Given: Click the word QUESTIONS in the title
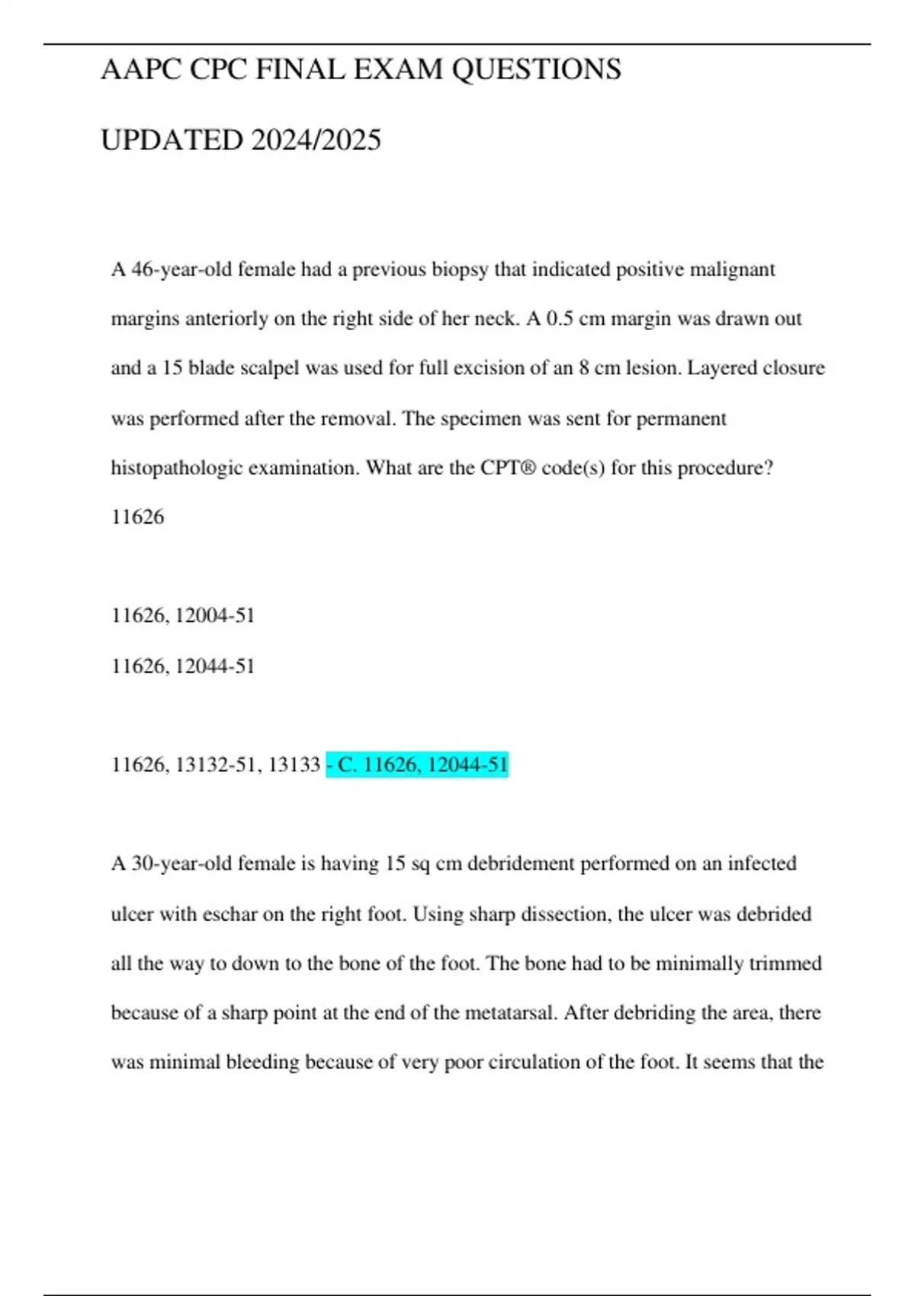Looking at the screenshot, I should click(536, 69).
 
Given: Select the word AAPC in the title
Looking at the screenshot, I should click(141, 69).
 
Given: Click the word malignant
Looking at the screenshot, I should click(732, 270).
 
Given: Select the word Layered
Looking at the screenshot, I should click(723, 368).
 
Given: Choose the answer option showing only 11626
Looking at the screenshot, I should click(138, 517).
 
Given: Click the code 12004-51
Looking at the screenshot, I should click(215, 615).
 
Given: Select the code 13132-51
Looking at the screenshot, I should click(215, 764).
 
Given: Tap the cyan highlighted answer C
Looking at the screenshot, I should click(417, 764).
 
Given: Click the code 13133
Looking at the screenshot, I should click(294, 764).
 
